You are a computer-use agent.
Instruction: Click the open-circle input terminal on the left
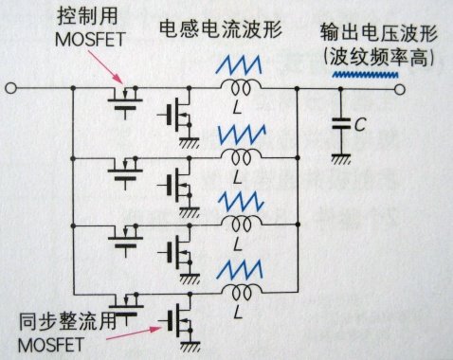point(11,88)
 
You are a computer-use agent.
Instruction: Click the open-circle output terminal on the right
point(400,90)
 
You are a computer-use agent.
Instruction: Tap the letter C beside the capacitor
point(360,124)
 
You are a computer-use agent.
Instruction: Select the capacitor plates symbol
point(341,123)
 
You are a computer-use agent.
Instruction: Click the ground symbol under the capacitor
point(341,159)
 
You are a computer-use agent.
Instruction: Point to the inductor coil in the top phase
point(241,86)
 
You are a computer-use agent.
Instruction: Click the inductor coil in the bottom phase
point(241,291)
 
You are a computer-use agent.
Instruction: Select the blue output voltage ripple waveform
point(366,75)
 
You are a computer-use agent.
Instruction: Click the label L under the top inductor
point(237,108)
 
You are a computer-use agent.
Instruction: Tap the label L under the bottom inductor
point(237,312)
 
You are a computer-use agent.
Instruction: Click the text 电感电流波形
point(221,29)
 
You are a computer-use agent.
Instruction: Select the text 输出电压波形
point(378,32)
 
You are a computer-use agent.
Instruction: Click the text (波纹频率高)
point(378,57)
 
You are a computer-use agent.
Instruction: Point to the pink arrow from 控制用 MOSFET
point(105,67)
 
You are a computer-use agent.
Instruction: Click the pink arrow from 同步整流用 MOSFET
point(134,333)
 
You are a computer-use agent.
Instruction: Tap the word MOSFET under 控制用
point(90,39)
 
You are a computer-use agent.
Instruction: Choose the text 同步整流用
point(67,321)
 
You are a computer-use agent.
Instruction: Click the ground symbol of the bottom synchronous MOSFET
point(190,346)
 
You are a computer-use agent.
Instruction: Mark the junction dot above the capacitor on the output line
point(341,90)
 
